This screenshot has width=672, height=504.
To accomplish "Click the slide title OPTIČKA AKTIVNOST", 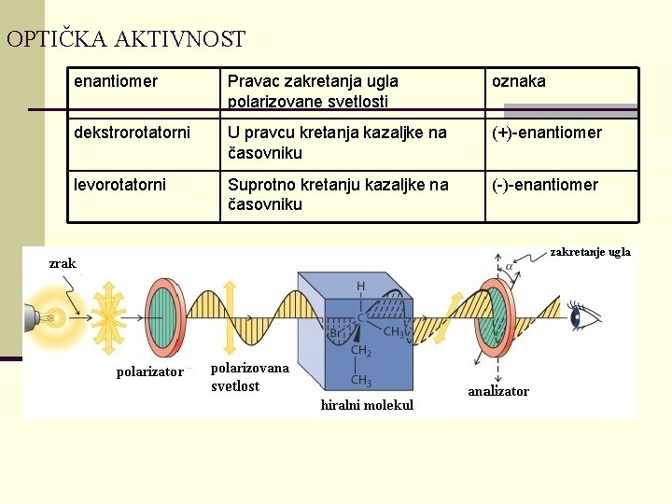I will pos(125,39).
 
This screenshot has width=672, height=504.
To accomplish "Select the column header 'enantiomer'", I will pos(116,82).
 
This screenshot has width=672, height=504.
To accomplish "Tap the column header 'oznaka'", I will pos(519,82).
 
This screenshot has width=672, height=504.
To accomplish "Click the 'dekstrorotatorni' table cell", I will pos(132,133).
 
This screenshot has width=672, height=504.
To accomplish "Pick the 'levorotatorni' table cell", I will pos(120,185).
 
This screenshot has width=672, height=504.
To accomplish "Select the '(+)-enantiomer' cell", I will pos(547,133).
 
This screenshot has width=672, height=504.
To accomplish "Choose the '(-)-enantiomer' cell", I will pos(545,185).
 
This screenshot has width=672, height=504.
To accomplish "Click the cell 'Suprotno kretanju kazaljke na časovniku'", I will pos(338,194).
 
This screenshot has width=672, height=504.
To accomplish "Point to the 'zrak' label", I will pos(63,263).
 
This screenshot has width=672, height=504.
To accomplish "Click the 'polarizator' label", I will pos(149,372).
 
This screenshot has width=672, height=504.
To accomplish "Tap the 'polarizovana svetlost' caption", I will pos(249,377).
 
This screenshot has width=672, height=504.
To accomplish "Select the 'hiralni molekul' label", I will pos(367,404).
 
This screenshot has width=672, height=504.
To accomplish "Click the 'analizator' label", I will pos(498,391).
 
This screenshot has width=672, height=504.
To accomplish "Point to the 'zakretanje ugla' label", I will pos(590,252).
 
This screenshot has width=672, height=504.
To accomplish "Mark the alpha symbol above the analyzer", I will pos(510,267).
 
